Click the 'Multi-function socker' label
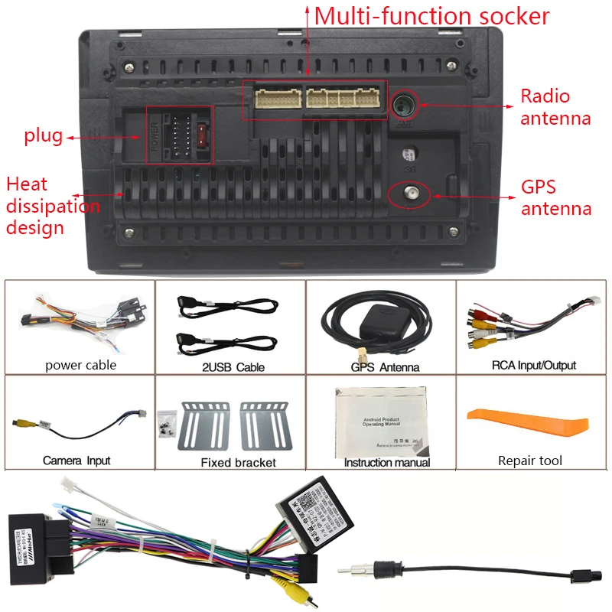[431, 16]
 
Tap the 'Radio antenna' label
[555, 107]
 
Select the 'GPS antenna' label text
[556, 197]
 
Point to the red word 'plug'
[43, 136]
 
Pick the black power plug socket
[180, 136]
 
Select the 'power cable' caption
[80, 365]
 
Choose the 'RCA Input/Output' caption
[533, 366]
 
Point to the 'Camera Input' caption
[76, 461]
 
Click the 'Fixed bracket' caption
[238, 462]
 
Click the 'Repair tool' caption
[529, 461]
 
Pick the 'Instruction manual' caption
[386, 462]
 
